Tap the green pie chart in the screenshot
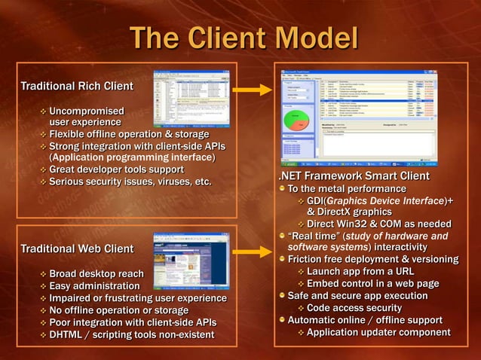[296, 120]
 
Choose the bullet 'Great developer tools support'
[116, 169]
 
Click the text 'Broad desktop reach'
[97, 274]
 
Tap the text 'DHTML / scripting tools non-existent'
[132, 334]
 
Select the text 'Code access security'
[354, 308]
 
